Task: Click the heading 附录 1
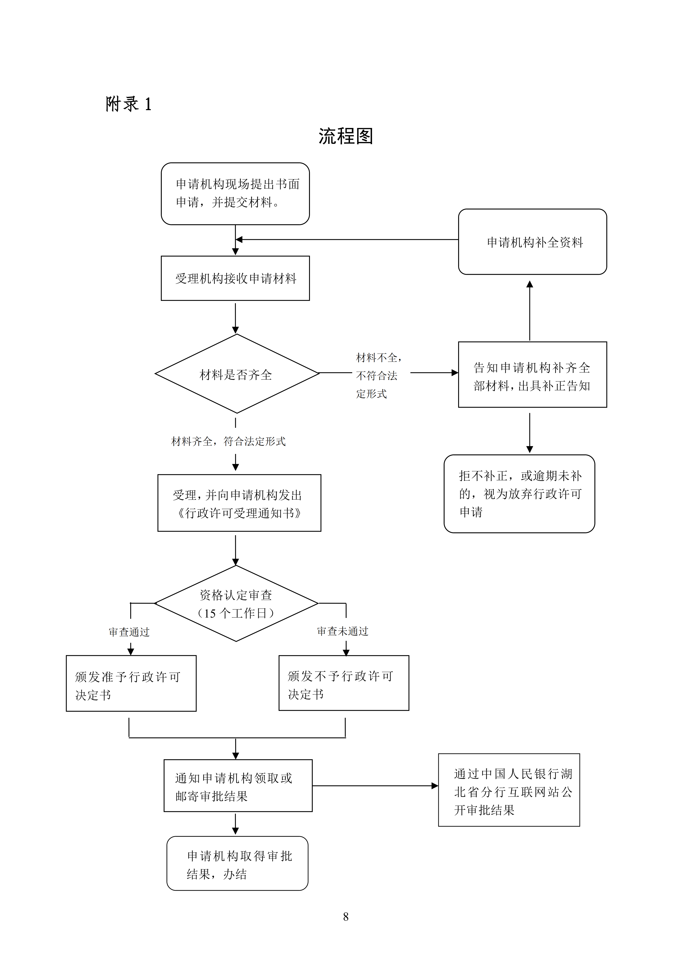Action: (x=129, y=104)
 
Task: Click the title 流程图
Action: (x=346, y=136)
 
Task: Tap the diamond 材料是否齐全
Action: (x=237, y=374)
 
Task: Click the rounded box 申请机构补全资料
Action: (x=533, y=242)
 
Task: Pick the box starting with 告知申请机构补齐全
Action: (x=533, y=374)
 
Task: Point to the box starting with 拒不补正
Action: (x=519, y=494)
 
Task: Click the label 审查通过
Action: (x=129, y=632)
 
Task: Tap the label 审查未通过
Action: (x=343, y=631)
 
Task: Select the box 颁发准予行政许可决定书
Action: (x=131, y=683)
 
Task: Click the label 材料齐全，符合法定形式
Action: (x=228, y=441)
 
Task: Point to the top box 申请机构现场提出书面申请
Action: (x=235, y=194)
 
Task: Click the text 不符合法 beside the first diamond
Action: (x=377, y=376)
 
